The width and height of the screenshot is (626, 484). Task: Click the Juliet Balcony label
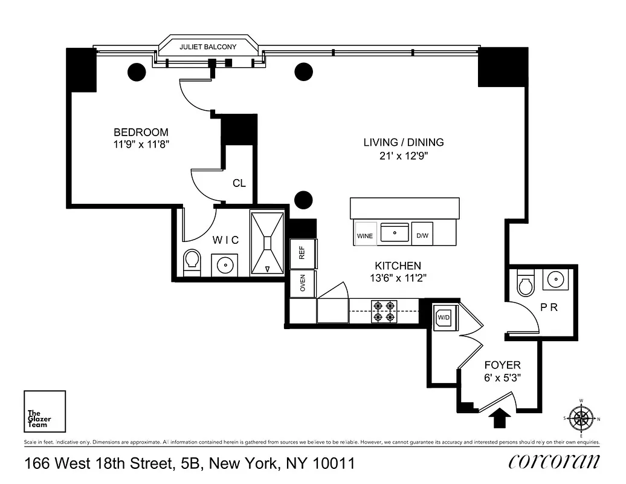point(208,47)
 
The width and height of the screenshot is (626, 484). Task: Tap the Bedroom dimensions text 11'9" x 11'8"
point(141,145)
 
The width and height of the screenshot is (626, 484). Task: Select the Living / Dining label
point(403,142)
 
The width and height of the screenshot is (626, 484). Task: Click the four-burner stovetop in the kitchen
point(384,311)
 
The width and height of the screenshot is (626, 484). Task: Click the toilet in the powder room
point(524,283)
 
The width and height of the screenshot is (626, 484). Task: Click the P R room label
point(548,307)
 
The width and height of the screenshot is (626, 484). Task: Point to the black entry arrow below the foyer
point(500,417)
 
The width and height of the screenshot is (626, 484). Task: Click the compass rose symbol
point(581,417)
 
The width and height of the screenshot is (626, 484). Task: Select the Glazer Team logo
point(45,411)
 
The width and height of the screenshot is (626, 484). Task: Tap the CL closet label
point(239,183)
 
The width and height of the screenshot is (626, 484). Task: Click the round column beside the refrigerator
point(303,200)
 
